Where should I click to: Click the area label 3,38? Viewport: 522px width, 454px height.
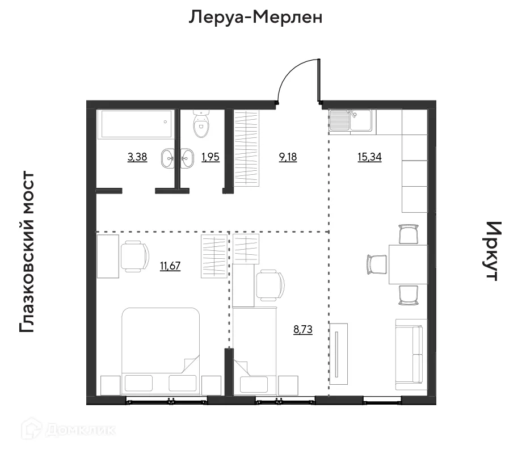tap(137, 157)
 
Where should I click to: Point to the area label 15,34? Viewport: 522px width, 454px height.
tap(369, 157)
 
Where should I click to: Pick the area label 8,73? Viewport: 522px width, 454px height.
tap(303, 329)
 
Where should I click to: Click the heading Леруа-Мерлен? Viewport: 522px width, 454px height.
tap(255, 18)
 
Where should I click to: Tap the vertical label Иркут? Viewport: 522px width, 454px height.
tap(491, 251)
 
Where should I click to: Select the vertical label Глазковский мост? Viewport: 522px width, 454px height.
tap(28, 253)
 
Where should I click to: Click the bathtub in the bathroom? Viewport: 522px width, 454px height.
tap(136, 124)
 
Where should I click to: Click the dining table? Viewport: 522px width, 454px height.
tap(407, 264)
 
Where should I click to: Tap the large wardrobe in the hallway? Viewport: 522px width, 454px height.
tap(247, 148)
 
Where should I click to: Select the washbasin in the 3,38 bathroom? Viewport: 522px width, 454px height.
tap(169, 158)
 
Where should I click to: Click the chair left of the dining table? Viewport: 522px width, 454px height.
tap(376, 264)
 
